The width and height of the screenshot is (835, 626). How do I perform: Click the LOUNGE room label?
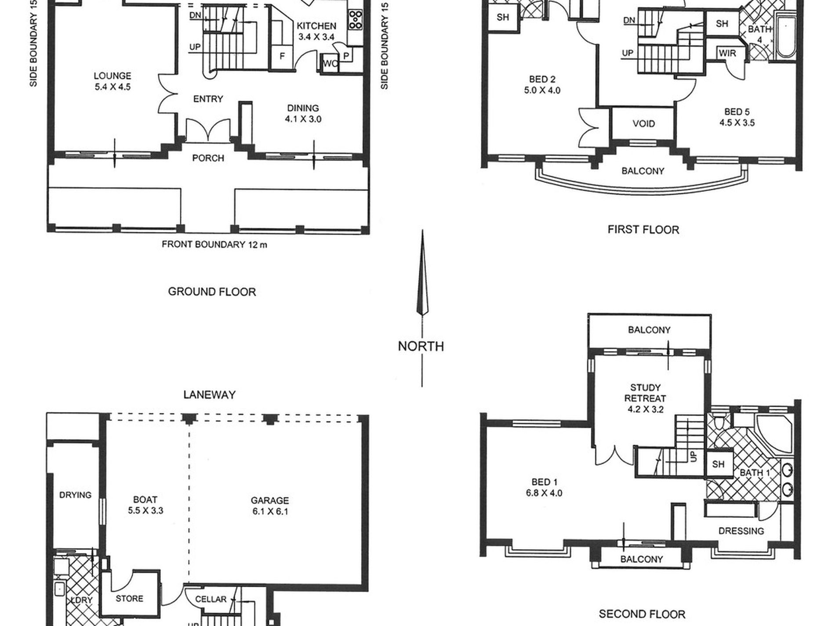tap(113, 76)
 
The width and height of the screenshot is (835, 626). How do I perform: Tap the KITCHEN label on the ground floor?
tap(316, 26)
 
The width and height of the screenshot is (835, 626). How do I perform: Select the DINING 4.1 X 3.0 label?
tap(303, 113)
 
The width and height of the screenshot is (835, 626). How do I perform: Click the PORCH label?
tap(208, 158)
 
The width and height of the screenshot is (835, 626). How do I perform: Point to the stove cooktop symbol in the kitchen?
tap(356, 20)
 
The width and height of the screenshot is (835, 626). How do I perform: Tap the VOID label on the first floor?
tap(644, 124)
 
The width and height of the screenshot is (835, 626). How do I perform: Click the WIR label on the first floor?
tap(727, 53)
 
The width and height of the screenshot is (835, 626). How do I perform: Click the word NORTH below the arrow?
tap(421, 346)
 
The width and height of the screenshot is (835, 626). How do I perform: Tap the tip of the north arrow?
tap(422, 230)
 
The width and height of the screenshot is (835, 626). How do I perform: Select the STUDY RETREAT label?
tap(645, 393)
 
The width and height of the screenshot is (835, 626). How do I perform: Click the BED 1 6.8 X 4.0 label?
tap(544, 488)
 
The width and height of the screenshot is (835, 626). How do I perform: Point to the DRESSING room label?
tap(741, 531)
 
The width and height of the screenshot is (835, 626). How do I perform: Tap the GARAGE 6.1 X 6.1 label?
tap(270, 506)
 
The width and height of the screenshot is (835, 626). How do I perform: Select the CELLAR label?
tap(211, 599)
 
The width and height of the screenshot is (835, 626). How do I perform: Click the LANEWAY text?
tap(209, 395)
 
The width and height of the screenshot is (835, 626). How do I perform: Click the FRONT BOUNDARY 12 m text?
tap(214, 245)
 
